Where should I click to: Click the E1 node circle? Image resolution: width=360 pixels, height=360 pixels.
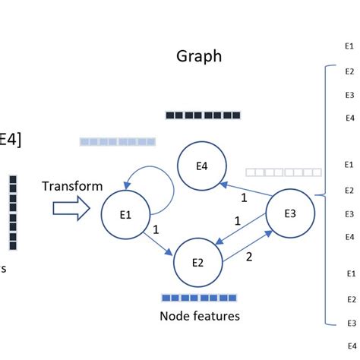coord(125,213)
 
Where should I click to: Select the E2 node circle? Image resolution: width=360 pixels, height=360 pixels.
coord(198,263)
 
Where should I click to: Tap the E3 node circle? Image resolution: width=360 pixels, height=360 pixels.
coord(289,213)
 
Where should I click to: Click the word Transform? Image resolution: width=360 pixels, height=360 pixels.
coord(72,186)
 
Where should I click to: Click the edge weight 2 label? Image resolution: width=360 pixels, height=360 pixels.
coord(248,257)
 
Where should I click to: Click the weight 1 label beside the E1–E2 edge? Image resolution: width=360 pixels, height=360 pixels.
coord(154,227)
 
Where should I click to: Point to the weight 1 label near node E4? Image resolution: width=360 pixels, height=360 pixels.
coord(244,199)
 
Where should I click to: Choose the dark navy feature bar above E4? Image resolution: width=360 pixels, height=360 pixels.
coord(203,115)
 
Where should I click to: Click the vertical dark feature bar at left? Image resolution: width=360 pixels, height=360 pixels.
coord(13,213)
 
